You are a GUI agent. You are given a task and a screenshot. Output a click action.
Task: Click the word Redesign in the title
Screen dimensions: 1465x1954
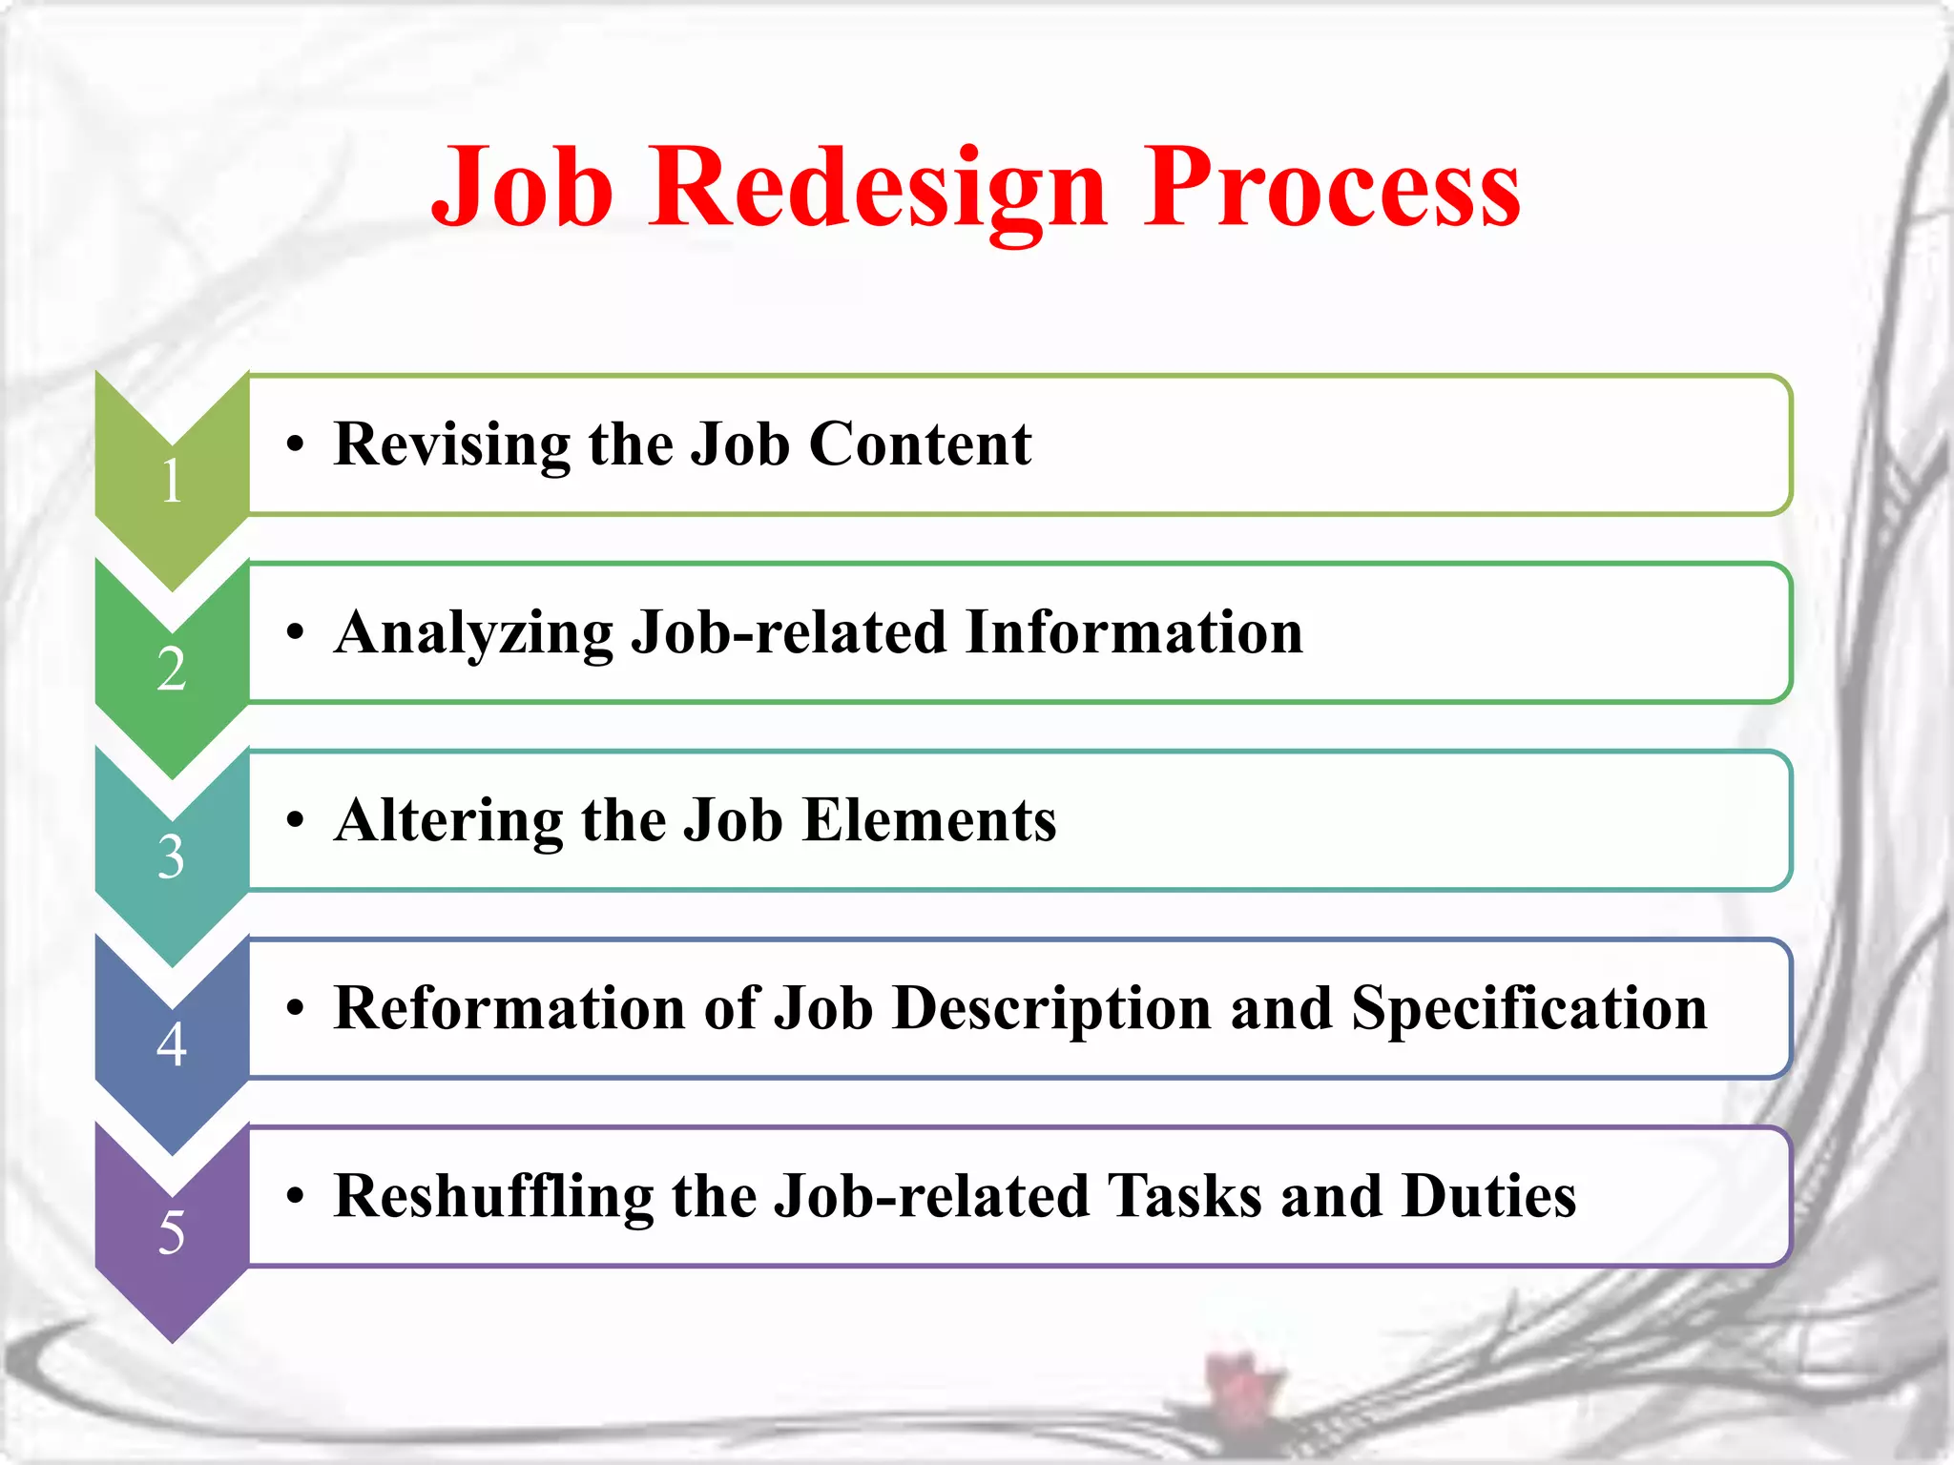coord(878,188)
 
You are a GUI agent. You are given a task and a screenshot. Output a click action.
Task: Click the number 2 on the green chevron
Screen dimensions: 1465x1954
coord(172,669)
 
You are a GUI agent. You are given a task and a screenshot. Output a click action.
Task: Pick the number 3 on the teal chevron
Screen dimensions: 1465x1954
coord(172,856)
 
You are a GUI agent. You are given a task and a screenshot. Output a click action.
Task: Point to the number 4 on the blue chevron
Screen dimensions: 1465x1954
coord(172,1043)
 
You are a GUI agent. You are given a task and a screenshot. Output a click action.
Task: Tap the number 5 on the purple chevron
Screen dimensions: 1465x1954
coord(172,1232)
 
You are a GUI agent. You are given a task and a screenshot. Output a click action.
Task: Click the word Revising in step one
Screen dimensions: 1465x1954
coord(451,444)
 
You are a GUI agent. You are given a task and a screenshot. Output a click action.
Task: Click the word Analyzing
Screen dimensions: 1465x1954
coord(473,633)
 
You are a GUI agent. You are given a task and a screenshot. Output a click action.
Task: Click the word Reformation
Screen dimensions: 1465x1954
coord(509,1008)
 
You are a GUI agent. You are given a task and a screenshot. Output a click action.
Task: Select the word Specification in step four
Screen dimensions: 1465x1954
coord(1528,1009)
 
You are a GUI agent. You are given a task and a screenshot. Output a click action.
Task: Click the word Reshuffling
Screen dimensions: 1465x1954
coord(492,1197)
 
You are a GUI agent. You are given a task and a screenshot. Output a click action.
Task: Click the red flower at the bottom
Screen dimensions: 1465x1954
coord(1239,1384)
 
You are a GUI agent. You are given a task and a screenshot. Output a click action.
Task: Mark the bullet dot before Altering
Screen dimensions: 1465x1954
coord(296,820)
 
